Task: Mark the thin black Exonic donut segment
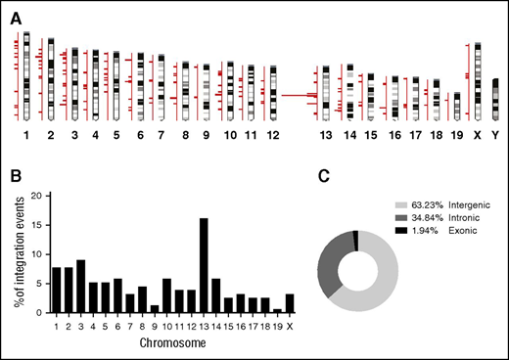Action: point(355,241)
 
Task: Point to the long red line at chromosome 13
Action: point(294,95)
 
